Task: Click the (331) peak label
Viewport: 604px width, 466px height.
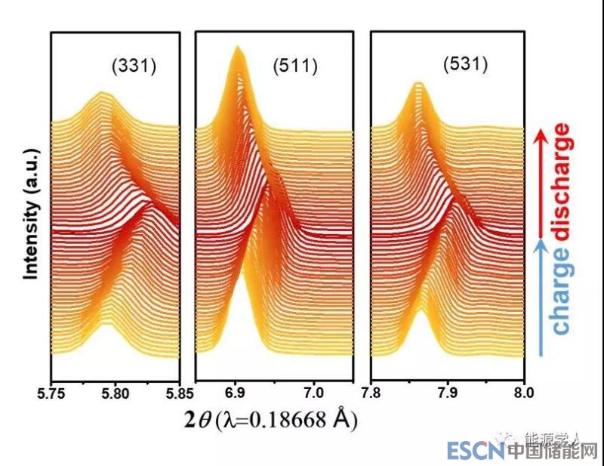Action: point(134,66)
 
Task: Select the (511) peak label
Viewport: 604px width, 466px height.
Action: point(295,66)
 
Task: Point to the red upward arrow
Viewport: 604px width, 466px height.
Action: point(540,177)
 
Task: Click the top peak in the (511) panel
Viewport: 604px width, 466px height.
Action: point(238,50)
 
